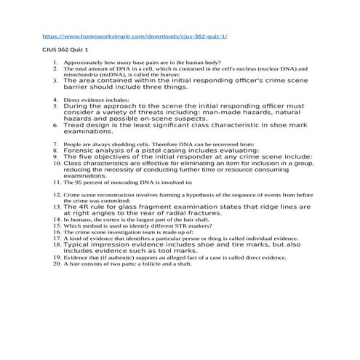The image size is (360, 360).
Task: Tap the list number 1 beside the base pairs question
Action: [x=55, y=63]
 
